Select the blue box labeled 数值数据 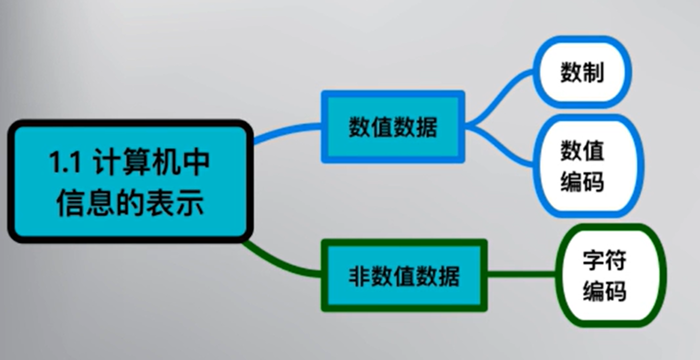pos(393,127)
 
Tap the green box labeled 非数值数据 pos(404,275)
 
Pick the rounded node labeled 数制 pos(582,72)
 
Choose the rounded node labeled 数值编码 pos(582,166)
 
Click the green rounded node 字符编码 pos(604,275)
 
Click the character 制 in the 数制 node pos(594,72)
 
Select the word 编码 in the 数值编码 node pos(582,181)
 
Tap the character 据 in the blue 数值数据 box pos(426,128)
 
